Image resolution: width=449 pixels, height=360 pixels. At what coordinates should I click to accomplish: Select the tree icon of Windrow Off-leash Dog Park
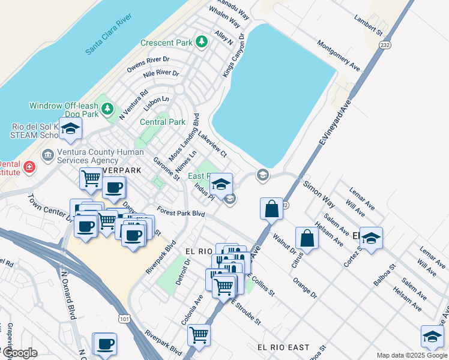tap(107, 109)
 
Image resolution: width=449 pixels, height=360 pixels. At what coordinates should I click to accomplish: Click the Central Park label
tap(162, 122)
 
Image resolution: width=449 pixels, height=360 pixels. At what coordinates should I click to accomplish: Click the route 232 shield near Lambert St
tap(385, 44)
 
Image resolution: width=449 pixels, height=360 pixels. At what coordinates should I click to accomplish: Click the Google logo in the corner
tap(19, 353)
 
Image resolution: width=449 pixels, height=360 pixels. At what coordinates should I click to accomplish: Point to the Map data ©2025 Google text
tap(412, 355)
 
